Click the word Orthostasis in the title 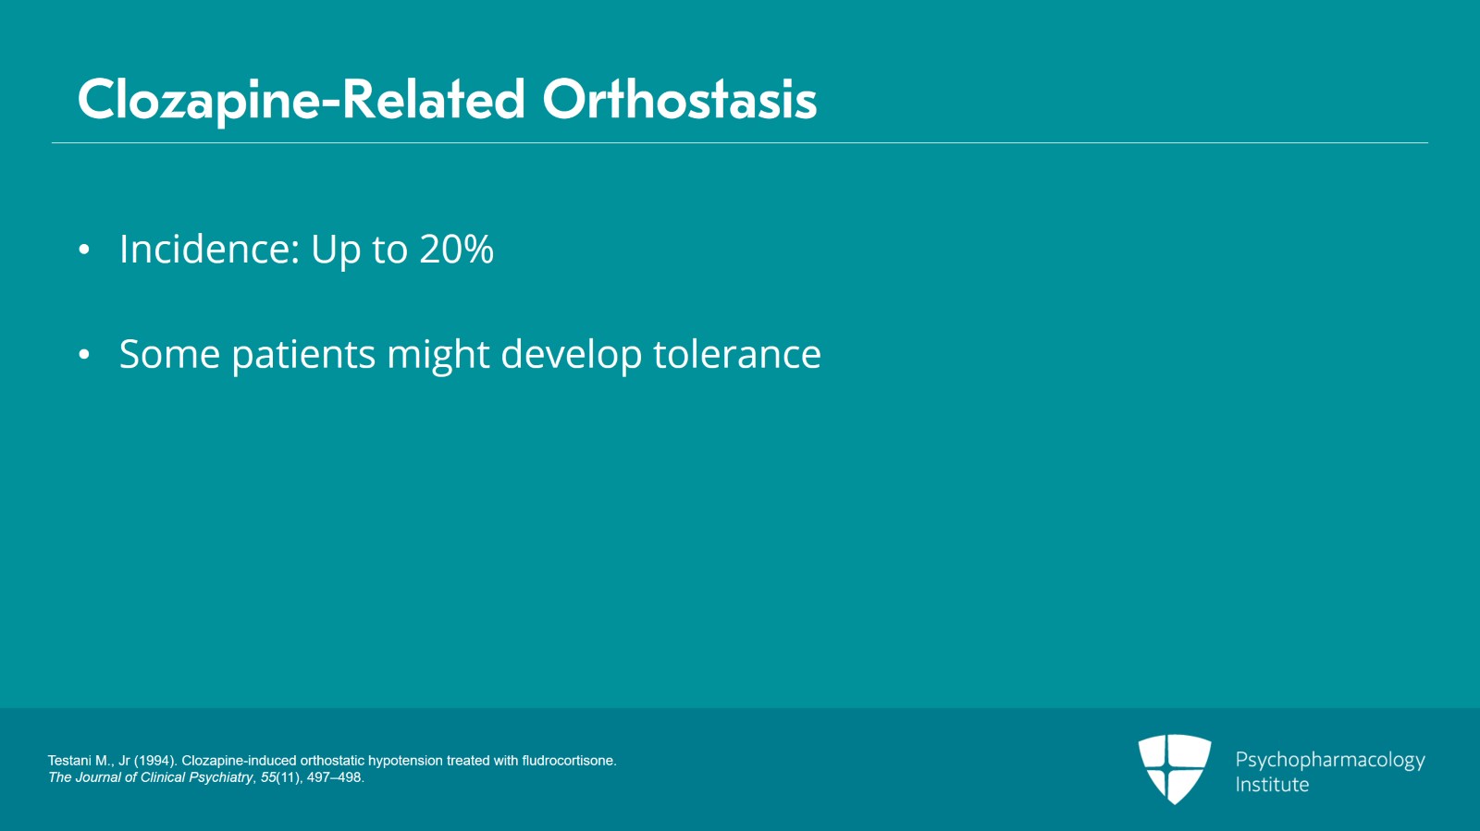point(679,100)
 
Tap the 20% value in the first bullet point(456,250)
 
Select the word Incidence point(209,250)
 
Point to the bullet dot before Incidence point(84,250)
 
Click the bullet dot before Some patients point(84,355)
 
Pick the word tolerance point(736,355)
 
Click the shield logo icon point(1174,767)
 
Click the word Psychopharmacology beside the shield point(1329,761)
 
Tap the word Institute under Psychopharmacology point(1272,785)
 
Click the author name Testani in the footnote point(70,761)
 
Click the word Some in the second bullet point(169,355)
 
